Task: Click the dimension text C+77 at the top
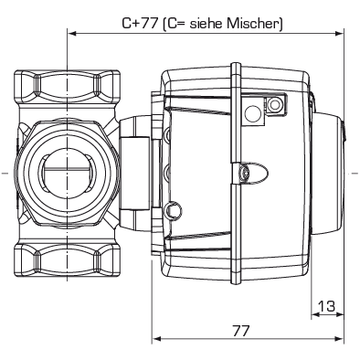tap(138, 24)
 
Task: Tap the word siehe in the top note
tap(211, 24)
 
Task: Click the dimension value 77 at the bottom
tap(240, 330)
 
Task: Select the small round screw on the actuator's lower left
tap(172, 212)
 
